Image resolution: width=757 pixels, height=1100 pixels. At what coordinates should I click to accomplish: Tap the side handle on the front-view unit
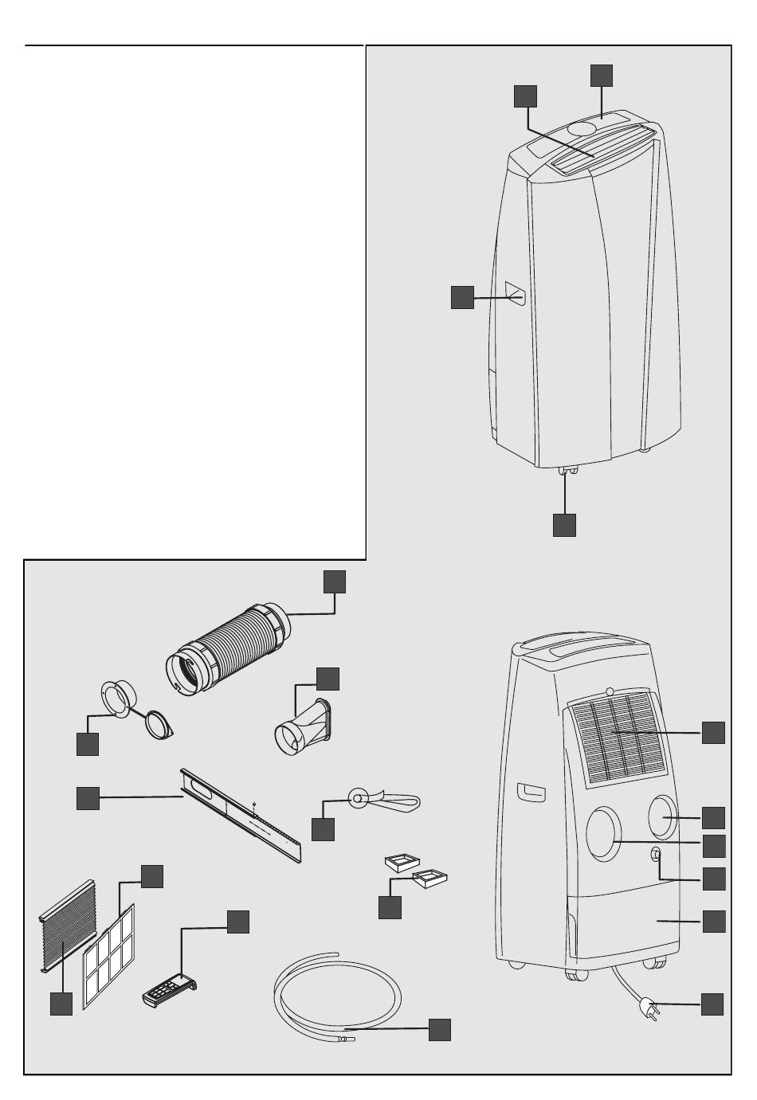(515, 297)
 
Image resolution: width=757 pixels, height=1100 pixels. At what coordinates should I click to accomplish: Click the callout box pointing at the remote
(238, 922)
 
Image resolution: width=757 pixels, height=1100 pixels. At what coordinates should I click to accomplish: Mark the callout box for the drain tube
(439, 1029)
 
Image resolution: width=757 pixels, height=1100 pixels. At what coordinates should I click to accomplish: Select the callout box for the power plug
(712, 1004)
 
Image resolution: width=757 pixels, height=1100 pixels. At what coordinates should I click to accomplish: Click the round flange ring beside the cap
(118, 699)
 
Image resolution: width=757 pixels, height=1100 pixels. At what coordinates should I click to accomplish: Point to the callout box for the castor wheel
(564, 524)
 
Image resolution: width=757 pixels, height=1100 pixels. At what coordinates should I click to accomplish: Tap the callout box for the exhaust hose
(334, 581)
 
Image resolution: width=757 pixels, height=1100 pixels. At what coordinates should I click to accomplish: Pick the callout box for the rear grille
(713, 732)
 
